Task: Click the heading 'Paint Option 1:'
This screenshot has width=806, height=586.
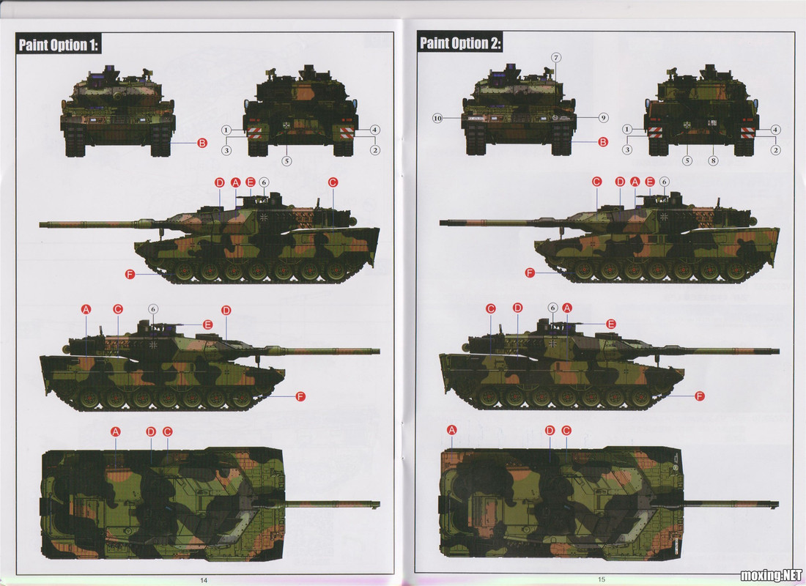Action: pyautogui.click(x=58, y=45)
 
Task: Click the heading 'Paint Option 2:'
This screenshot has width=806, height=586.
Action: pyautogui.click(x=459, y=43)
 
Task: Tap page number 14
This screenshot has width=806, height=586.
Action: pyautogui.click(x=204, y=580)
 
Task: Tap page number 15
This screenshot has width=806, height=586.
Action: pyautogui.click(x=602, y=579)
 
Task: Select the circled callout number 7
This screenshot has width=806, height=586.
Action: pyautogui.click(x=555, y=58)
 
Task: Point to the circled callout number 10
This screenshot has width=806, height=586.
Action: pyautogui.click(x=437, y=118)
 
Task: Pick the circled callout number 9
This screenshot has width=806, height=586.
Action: pyautogui.click(x=604, y=118)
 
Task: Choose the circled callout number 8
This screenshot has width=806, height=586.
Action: pyautogui.click(x=713, y=160)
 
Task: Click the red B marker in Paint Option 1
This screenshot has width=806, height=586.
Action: pyautogui.click(x=202, y=143)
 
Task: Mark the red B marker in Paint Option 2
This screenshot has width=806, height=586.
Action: pyautogui.click(x=603, y=142)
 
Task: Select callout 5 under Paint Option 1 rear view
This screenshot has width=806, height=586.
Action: pyautogui.click(x=286, y=161)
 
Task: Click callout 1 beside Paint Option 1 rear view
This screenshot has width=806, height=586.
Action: pyautogui.click(x=226, y=130)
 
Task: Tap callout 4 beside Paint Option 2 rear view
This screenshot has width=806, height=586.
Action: pyautogui.click(x=776, y=130)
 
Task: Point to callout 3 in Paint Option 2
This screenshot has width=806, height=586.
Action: pyautogui.click(x=626, y=149)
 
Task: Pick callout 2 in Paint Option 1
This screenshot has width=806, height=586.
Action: pyautogui.click(x=375, y=150)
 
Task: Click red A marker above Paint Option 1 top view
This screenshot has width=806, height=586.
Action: pyautogui.click(x=116, y=431)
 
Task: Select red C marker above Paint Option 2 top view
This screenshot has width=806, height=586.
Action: pyautogui.click(x=566, y=430)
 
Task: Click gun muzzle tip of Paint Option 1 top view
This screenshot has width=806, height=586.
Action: pyautogui.click(x=379, y=505)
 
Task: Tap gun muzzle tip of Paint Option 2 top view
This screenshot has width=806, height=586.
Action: pyautogui.click(x=777, y=504)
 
